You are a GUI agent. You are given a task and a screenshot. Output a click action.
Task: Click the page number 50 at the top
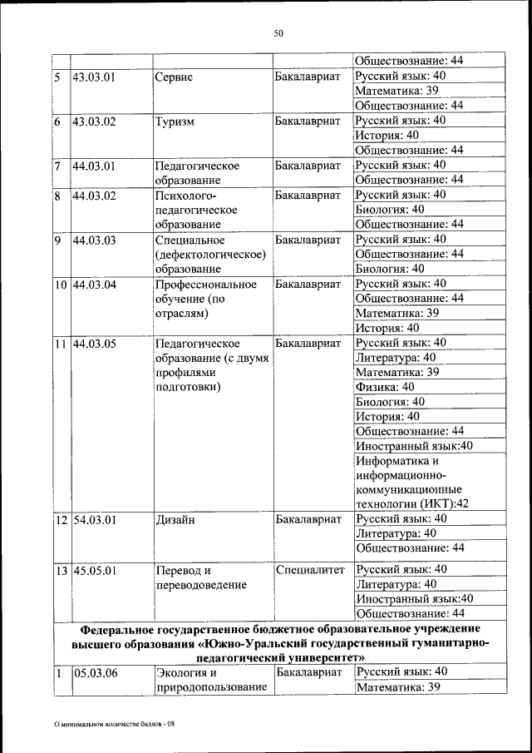point(278,33)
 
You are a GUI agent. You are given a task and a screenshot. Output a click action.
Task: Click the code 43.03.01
point(94,77)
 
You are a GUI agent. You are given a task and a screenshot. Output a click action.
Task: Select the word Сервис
point(174,77)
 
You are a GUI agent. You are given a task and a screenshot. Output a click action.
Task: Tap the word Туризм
point(175,121)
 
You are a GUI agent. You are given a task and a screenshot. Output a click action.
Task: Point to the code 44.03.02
point(94,196)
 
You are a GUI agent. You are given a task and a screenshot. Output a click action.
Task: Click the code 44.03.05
point(94,344)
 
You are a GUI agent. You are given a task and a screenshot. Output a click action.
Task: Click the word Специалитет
point(308,570)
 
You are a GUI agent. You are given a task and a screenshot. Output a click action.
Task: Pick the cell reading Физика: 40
point(384,388)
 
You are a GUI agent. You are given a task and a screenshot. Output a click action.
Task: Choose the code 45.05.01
point(94,571)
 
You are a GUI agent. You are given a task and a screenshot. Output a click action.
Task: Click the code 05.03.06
point(94,673)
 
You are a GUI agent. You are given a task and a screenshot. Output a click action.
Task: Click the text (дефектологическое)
point(210,255)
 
